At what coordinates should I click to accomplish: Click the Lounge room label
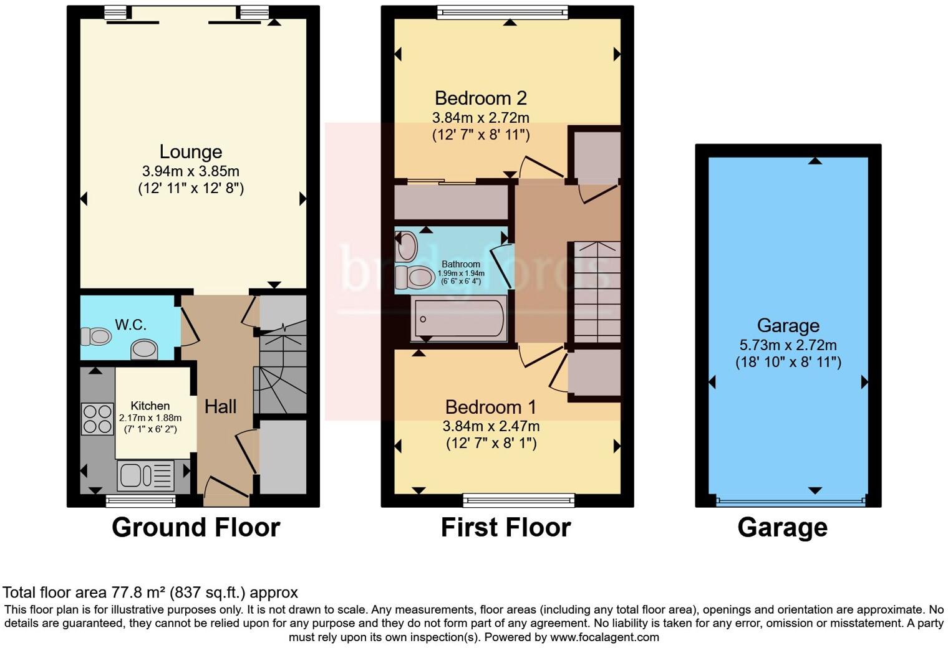coord(191,151)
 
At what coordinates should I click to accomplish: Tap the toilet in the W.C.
coord(96,336)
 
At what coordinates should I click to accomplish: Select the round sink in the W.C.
coord(145,349)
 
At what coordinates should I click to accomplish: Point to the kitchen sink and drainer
coord(146,475)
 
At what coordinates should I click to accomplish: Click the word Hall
coord(221,407)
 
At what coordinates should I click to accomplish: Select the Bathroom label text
coord(461,264)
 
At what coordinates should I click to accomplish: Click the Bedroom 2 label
coord(481,98)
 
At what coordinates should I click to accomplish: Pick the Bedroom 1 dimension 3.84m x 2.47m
coord(491,426)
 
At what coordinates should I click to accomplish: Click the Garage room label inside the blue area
coord(788,325)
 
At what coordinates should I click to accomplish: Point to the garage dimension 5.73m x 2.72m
coord(788,345)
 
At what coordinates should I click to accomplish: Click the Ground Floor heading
coord(196,528)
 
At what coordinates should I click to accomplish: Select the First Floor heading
coord(506,528)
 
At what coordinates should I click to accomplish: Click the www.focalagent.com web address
coord(604,637)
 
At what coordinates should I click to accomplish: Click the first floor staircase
coord(597,292)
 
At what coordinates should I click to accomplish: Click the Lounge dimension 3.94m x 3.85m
coord(191,171)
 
